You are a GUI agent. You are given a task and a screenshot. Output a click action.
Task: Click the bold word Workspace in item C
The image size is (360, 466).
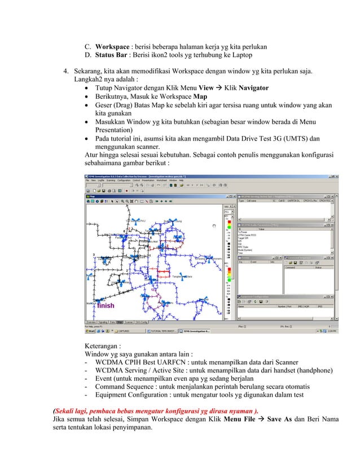coord(113,46)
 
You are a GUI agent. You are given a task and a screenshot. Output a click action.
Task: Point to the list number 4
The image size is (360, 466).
coord(65,72)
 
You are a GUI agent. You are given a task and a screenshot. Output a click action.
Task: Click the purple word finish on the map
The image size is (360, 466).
coord(106,305)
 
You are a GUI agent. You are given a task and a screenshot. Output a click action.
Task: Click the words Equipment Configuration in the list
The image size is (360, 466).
coord(131,395)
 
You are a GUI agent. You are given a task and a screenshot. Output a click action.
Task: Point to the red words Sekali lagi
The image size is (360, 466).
coord(72,410)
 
